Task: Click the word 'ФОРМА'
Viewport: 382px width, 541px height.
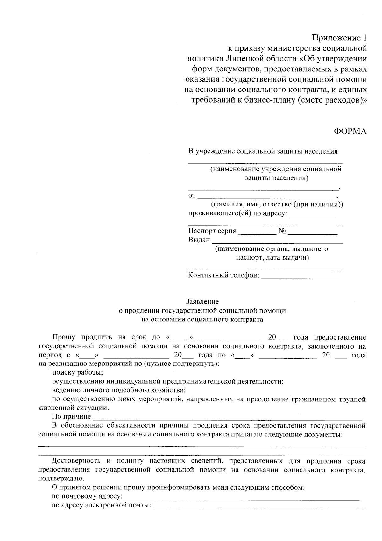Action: coord(350,131)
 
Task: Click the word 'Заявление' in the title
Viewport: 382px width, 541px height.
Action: coord(202,301)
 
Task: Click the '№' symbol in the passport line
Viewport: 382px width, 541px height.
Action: coord(282,231)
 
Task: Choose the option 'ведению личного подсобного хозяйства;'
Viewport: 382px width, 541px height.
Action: coord(119,390)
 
